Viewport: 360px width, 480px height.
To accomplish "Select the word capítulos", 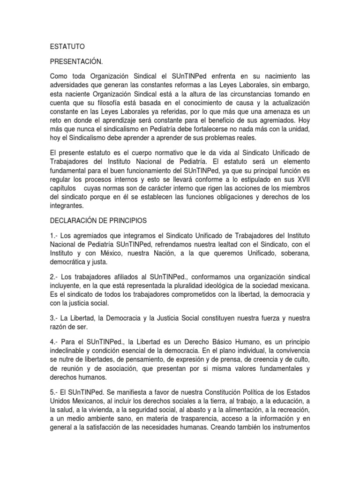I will [64, 187].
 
